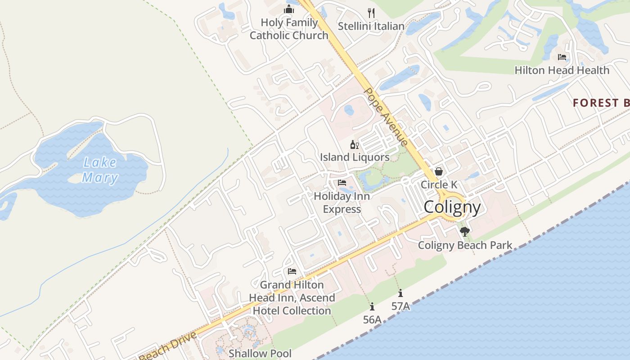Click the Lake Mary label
100,170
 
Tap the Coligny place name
452,207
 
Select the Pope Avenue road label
386,116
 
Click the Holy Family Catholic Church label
289,29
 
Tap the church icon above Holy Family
289,9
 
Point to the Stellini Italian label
371,26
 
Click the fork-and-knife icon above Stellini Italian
371,12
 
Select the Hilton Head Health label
562,70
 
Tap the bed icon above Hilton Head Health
562,57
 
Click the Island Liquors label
355,157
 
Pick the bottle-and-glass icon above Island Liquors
355,144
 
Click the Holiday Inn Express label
342,202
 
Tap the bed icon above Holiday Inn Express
342,183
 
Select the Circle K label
439,184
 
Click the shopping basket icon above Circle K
439,171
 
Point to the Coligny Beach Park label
465,245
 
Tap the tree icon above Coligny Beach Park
465,232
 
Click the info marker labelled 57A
400,293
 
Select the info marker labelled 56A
372,307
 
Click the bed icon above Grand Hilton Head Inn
292,271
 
